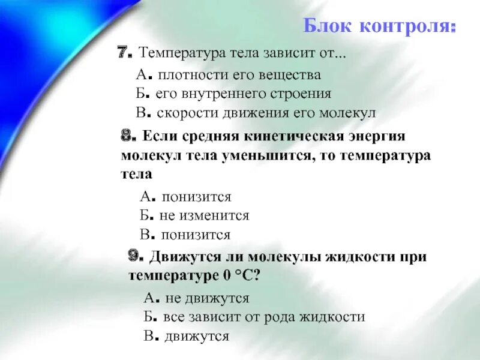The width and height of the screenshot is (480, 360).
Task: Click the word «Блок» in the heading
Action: coord(328,26)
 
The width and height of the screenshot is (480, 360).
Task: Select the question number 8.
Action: coord(127,136)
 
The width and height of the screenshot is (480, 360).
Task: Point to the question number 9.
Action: coord(136,256)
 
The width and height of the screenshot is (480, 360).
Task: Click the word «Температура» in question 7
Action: coord(179,53)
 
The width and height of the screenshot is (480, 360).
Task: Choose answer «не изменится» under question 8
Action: coord(204,215)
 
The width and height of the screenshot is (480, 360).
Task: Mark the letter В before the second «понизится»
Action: coord(145,235)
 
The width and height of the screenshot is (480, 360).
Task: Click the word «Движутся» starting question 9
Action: coord(181,257)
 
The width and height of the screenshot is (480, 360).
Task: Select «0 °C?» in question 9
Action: coord(240,275)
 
